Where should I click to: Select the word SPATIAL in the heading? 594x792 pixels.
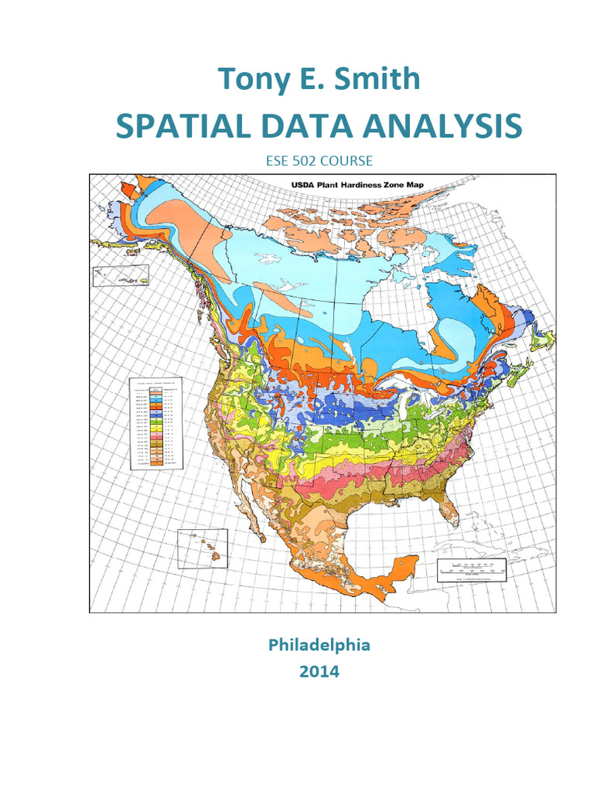pos(174,126)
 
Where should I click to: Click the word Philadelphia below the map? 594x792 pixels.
pos(319,644)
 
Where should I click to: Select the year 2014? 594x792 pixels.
pos(319,671)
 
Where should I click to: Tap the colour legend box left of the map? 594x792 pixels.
pos(155,423)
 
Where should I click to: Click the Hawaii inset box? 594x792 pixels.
pos(203,549)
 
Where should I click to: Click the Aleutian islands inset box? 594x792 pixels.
pos(120,276)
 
